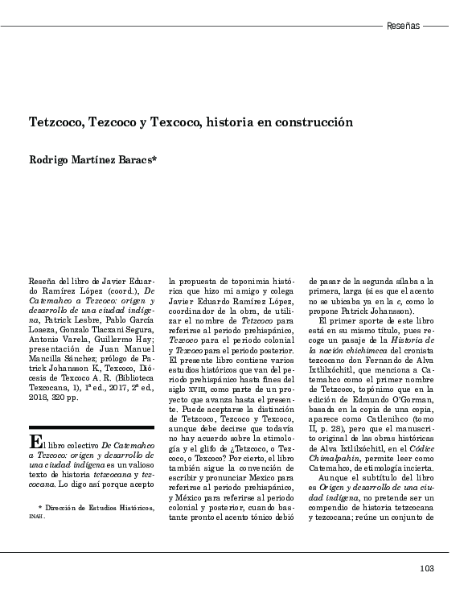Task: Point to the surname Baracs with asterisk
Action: (136, 160)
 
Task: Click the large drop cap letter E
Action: (35, 441)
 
